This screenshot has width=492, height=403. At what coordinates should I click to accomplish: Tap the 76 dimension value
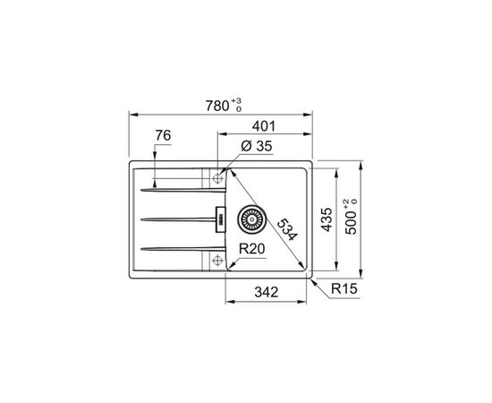click(x=162, y=136)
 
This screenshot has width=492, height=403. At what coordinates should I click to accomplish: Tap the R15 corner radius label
click(x=343, y=289)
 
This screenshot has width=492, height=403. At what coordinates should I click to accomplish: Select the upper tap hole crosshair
click(x=216, y=178)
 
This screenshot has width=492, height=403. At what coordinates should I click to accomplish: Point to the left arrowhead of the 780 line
click(x=133, y=115)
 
